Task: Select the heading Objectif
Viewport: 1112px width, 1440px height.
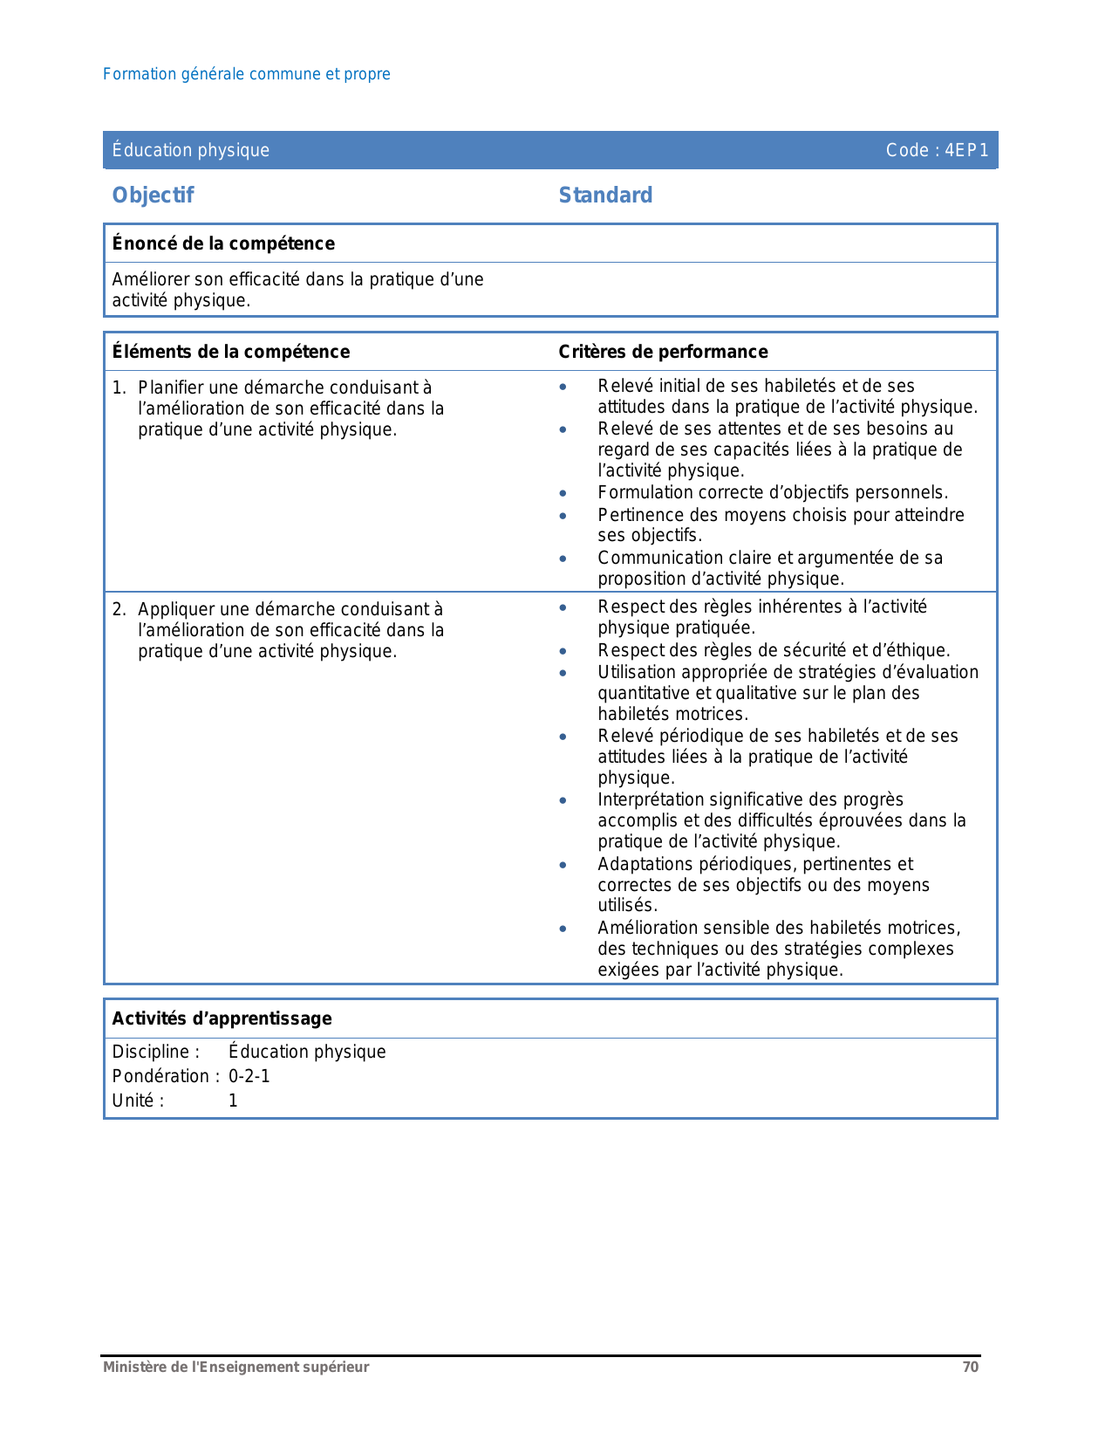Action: point(153,195)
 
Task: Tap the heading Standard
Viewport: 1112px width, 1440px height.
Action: point(605,195)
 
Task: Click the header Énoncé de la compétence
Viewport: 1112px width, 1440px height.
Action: point(223,243)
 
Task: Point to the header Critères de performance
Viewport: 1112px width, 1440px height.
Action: point(663,352)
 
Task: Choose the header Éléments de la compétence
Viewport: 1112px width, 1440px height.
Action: point(231,352)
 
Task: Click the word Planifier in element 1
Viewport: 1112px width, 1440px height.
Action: point(171,387)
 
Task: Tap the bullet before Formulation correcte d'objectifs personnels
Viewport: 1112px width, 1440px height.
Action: point(563,494)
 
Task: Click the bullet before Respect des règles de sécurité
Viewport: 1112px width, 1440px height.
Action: point(563,651)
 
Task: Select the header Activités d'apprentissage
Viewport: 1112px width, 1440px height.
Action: point(222,1018)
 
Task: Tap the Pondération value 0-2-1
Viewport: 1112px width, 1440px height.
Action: point(249,1076)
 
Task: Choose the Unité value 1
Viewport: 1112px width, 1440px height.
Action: point(233,1101)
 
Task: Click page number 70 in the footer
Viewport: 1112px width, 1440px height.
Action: point(970,1368)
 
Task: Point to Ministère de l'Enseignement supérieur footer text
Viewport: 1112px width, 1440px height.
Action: point(236,1368)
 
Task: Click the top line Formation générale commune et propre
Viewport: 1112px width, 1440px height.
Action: point(247,74)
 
